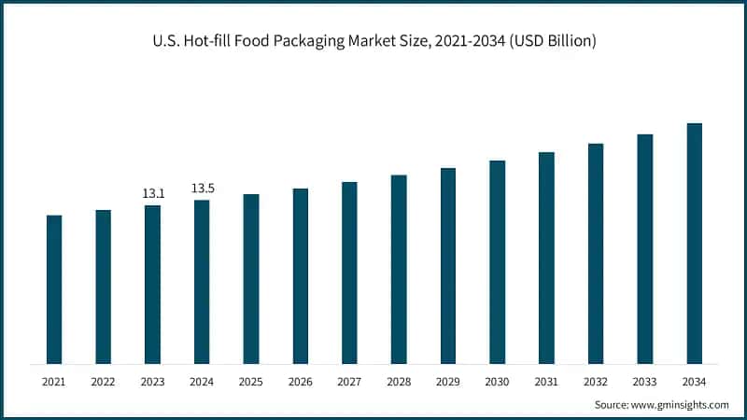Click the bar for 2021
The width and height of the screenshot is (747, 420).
[54, 289]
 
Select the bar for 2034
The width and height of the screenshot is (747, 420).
[694, 243]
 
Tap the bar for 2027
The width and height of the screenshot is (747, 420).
[349, 273]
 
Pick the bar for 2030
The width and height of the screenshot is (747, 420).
[497, 261]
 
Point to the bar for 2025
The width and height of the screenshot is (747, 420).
[251, 278]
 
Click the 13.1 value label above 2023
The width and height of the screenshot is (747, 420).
[153, 193]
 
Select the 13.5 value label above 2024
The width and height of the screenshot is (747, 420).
[203, 189]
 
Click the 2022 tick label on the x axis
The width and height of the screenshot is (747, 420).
[104, 381]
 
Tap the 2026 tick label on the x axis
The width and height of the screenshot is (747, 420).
[300, 381]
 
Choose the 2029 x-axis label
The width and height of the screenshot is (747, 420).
[447, 381]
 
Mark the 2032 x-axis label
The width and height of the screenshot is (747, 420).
[595, 381]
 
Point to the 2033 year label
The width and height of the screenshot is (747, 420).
[644, 381]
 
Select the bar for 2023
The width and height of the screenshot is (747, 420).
[152, 285]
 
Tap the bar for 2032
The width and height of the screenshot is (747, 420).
[595, 253]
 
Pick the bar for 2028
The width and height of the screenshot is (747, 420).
[399, 269]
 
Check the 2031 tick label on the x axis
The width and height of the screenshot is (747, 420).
[546, 381]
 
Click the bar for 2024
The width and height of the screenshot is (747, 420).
[202, 282]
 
